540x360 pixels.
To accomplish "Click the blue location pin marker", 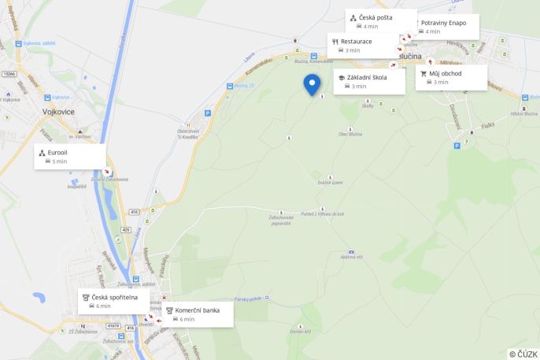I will pyautogui.click(x=312, y=84).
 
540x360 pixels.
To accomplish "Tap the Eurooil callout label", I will pyautogui.click(x=69, y=156).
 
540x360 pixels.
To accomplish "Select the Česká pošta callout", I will pyautogui.click(x=381, y=21).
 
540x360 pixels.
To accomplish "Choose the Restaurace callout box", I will pyautogui.click(x=363, y=45).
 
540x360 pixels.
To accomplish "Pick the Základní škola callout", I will pyautogui.click(x=369, y=81).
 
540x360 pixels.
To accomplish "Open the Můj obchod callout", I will pyautogui.click(x=451, y=77).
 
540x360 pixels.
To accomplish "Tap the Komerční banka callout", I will pyautogui.click(x=198, y=314).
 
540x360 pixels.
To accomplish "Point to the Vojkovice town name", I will pyautogui.click(x=59, y=112).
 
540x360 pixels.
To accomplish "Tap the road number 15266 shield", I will pyautogui.click(x=9, y=73).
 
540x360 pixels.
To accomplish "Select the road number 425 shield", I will pyautogui.click(x=127, y=229).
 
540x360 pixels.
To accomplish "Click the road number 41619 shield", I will pyautogui.click(x=114, y=325).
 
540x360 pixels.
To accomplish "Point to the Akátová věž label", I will pyautogui.click(x=351, y=257).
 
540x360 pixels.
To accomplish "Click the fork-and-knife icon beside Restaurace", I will pyautogui.click(x=335, y=41).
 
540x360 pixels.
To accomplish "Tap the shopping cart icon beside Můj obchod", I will pyautogui.click(x=423, y=73).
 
